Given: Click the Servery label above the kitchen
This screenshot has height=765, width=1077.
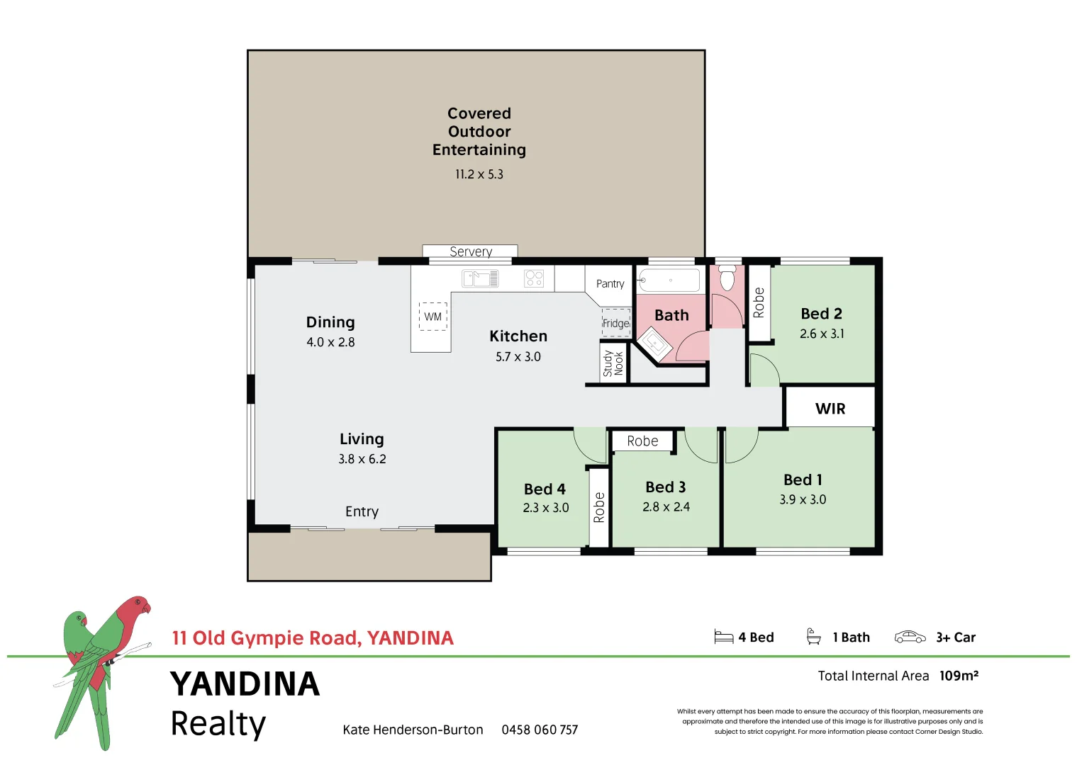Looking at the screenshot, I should click(x=470, y=251).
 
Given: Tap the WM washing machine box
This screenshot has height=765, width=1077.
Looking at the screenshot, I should click(x=433, y=317).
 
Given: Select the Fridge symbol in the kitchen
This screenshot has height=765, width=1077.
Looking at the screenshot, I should click(x=615, y=323).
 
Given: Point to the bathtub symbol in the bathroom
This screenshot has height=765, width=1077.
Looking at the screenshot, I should click(x=669, y=280).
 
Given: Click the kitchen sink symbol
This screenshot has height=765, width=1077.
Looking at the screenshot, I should click(x=480, y=278).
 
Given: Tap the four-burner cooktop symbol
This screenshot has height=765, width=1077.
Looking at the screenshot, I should click(x=534, y=278).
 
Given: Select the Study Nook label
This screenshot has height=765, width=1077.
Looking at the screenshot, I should click(x=613, y=363).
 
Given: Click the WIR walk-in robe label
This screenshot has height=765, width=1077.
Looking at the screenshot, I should click(x=830, y=409).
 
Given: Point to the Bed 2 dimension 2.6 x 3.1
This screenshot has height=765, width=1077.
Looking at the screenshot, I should click(x=822, y=334).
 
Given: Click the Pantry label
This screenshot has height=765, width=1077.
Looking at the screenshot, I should click(x=610, y=283).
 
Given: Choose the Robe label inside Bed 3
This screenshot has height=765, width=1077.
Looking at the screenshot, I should click(x=642, y=441).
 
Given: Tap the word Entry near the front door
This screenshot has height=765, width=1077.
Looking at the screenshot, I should click(x=362, y=511).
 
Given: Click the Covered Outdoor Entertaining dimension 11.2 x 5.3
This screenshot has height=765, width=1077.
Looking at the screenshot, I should click(x=479, y=174).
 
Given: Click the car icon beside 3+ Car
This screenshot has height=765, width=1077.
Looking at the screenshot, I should click(x=910, y=637).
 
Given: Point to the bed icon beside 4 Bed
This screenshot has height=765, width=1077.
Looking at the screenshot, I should click(x=723, y=637).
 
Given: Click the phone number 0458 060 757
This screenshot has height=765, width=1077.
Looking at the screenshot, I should click(x=540, y=730).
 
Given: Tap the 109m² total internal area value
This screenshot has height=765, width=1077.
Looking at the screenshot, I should click(x=959, y=676).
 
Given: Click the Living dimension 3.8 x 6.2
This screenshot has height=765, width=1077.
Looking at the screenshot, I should click(x=362, y=459).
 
